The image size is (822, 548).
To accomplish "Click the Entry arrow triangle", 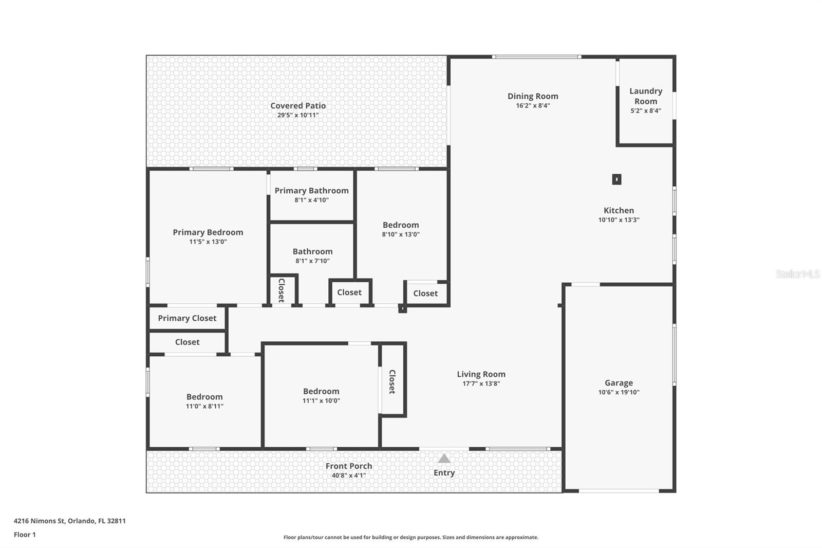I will point(444,459).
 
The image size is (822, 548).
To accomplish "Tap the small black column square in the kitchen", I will point(616,179).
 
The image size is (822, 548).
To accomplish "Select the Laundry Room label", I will point(646,96).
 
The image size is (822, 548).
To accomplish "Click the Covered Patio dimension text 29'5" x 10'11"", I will point(298,115).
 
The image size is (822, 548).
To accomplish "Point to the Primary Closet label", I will point(187,318).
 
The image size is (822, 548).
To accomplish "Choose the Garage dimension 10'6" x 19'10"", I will point(619,392).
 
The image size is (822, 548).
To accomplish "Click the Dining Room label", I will point(533,96).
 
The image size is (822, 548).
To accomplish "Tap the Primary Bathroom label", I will point(311,191).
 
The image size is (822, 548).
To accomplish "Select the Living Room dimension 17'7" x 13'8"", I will point(481,383).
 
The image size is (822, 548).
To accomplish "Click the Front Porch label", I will point(349,466).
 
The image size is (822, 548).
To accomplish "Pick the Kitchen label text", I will point(619,210).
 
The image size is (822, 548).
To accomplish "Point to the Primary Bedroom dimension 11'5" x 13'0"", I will point(208,242).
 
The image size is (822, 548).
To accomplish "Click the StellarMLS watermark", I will point(797,274).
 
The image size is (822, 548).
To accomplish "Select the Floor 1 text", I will point(25,535).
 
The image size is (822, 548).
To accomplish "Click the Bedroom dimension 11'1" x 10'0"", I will point(321,401).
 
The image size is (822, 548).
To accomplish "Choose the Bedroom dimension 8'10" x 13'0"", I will point(401,234).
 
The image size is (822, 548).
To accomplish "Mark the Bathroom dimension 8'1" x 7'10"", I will point(312,261).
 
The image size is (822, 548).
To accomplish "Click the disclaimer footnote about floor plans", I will point(411,538).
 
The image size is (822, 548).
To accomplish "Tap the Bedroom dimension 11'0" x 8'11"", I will point(204,406).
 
